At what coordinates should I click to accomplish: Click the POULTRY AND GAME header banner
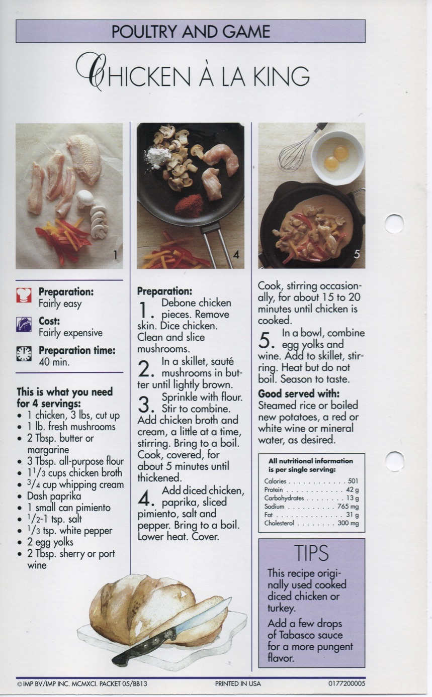tap(191, 31)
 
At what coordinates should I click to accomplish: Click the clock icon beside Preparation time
tap(24, 354)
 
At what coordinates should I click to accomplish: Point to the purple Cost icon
tap(24, 326)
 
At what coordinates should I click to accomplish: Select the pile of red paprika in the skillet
tap(189, 205)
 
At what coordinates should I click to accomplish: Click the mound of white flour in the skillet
tap(158, 158)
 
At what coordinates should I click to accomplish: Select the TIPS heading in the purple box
tap(312, 552)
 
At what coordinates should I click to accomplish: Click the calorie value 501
tap(353, 481)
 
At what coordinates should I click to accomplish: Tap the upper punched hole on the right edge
tap(394, 224)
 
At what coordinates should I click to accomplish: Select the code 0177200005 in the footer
tap(347, 683)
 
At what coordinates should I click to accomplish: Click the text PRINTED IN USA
tap(238, 683)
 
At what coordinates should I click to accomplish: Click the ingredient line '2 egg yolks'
tap(50, 542)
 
